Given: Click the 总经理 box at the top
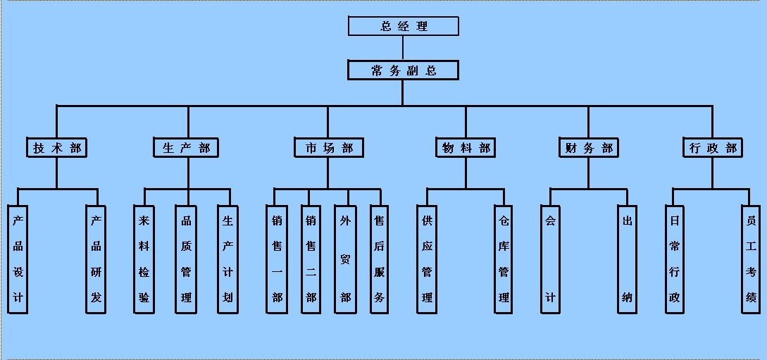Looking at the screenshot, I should (x=404, y=26).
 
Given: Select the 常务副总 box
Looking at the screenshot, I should (x=404, y=70).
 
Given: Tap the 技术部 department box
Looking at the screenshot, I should (x=57, y=148).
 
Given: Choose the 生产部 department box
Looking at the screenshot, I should (x=186, y=148).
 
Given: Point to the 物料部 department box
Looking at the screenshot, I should (x=465, y=148).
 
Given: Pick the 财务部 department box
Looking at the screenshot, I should (x=589, y=148).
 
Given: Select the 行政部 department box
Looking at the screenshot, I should (x=712, y=148).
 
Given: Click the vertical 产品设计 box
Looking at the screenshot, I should (x=18, y=259).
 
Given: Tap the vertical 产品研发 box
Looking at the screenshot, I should (x=96, y=259).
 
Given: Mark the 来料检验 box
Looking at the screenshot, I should (x=144, y=259).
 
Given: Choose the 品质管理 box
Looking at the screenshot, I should (x=187, y=259).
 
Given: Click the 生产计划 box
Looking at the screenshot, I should (x=228, y=259).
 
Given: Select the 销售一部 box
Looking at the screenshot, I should (x=277, y=259).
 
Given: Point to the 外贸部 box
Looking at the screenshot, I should (x=345, y=259).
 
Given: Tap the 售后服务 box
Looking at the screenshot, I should (x=380, y=259).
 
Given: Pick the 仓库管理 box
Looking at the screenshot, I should (x=504, y=259).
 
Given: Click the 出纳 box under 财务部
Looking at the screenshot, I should (x=627, y=259).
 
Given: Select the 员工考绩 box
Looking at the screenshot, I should (x=751, y=259).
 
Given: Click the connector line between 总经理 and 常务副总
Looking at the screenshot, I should (x=403, y=48).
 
